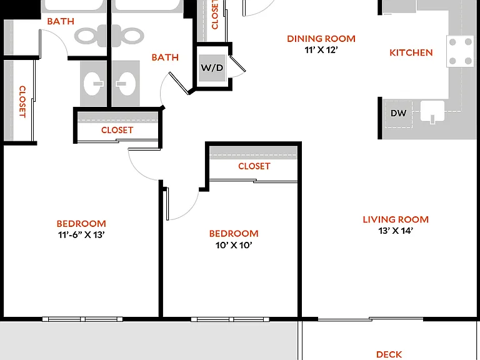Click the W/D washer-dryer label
tap(212, 67)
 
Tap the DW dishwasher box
tap(399, 114)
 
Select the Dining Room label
tap(321, 39)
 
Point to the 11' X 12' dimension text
tap(321, 50)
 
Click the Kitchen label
tap(411, 52)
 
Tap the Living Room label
tap(396, 219)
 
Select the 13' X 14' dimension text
tap(396, 231)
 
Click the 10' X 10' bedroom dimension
tap(234, 245)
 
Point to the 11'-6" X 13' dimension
tap(81, 235)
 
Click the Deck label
tap(389, 354)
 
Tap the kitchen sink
tap(432, 111)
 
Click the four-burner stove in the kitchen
tap(460, 51)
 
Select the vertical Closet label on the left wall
tap(22, 102)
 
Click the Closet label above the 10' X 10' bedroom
tap(254, 166)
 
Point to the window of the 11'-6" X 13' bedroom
tap(82, 319)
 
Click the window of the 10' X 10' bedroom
tap(230, 319)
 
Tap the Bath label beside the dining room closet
tap(165, 57)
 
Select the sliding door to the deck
tap(371, 319)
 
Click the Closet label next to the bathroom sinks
tap(117, 130)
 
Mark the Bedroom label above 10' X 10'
tap(234, 234)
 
